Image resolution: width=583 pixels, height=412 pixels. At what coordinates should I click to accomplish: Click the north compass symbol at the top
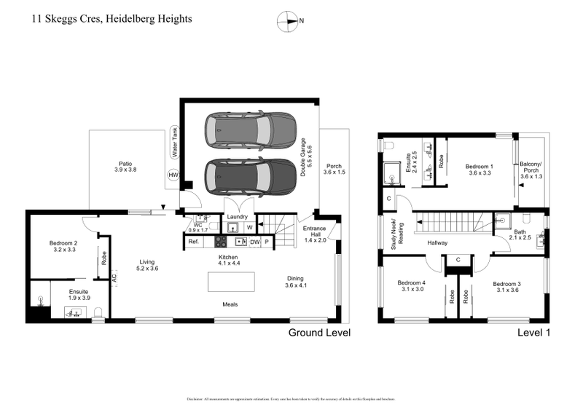point(289,21)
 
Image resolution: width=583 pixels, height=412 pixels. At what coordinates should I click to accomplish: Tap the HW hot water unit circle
point(173,175)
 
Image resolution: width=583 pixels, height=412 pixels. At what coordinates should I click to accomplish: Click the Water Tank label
point(174,143)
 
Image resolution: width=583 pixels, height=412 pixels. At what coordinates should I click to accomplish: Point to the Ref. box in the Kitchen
point(194,242)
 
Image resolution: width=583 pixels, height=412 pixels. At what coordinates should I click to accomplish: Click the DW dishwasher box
point(254,242)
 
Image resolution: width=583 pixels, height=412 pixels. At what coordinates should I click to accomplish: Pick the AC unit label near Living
point(114,277)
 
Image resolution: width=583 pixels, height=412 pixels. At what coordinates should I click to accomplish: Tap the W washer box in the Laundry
point(249,227)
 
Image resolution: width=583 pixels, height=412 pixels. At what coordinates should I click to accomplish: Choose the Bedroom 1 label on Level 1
point(480,170)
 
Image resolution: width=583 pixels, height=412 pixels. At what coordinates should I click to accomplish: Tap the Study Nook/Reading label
point(396,234)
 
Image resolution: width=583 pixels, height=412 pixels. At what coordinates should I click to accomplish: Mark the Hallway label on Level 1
point(437,242)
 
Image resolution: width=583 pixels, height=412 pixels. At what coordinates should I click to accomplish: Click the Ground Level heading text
point(319,333)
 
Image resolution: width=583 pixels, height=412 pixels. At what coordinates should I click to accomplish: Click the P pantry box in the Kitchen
point(267,242)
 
